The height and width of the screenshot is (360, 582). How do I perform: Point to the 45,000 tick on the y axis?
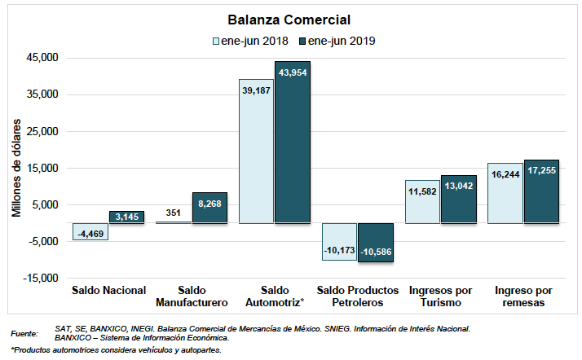click(x=43, y=58)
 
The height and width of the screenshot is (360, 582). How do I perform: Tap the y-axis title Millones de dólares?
click(x=17, y=167)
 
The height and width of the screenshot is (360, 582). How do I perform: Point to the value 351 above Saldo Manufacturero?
click(x=173, y=213)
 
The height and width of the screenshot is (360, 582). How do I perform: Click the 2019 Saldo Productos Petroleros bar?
click(x=376, y=241)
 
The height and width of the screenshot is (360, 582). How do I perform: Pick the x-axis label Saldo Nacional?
click(x=108, y=290)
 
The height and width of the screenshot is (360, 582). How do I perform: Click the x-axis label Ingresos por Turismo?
click(x=441, y=296)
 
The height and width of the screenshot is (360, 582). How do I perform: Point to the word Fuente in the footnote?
click(x=24, y=334)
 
